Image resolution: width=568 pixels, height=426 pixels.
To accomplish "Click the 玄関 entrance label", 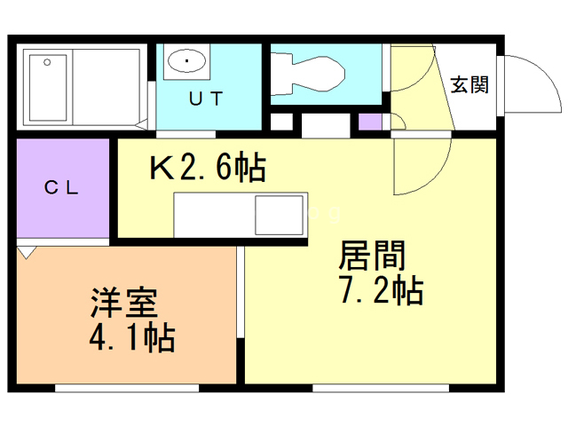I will [x=469, y=85].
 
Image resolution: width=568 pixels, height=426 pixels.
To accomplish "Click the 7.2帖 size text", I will [x=380, y=290].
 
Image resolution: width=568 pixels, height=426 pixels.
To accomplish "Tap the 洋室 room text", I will [x=123, y=304].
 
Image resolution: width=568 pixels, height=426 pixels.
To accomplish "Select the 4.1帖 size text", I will [x=130, y=337].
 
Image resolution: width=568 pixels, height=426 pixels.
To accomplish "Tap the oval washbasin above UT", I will [x=187, y=61].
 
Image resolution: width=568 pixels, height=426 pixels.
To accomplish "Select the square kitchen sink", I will [x=279, y=215].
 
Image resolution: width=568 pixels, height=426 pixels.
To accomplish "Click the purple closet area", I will [x=62, y=188].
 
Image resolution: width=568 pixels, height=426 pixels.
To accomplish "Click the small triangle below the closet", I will [x=26, y=252].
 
